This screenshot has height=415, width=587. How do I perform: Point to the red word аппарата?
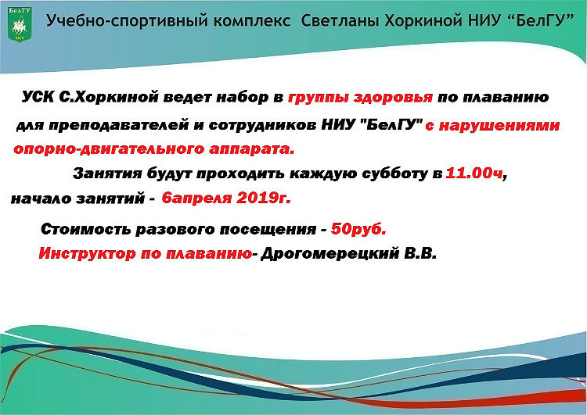(246, 148)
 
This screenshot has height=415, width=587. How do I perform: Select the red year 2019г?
(262, 198)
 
